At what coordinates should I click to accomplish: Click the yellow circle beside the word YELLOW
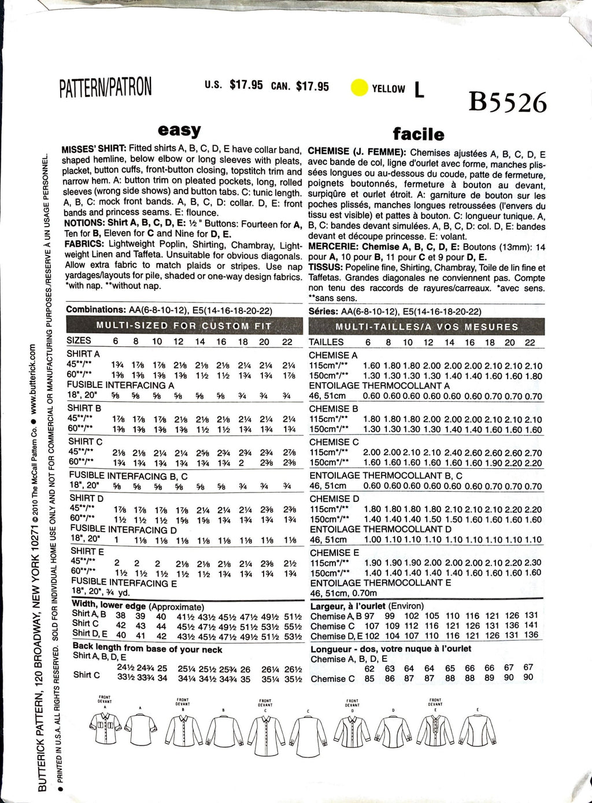(x=359, y=88)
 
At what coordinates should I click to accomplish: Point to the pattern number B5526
(x=508, y=102)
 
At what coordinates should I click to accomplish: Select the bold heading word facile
(x=419, y=135)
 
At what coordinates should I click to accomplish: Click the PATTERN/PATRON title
(x=106, y=87)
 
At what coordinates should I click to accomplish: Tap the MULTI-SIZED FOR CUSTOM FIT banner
(x=183, y=325)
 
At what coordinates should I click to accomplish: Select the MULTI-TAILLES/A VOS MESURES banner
(x=427, y=327)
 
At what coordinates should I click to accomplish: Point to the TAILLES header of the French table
(x=326, y=342)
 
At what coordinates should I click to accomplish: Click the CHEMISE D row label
(x=334, y=498)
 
